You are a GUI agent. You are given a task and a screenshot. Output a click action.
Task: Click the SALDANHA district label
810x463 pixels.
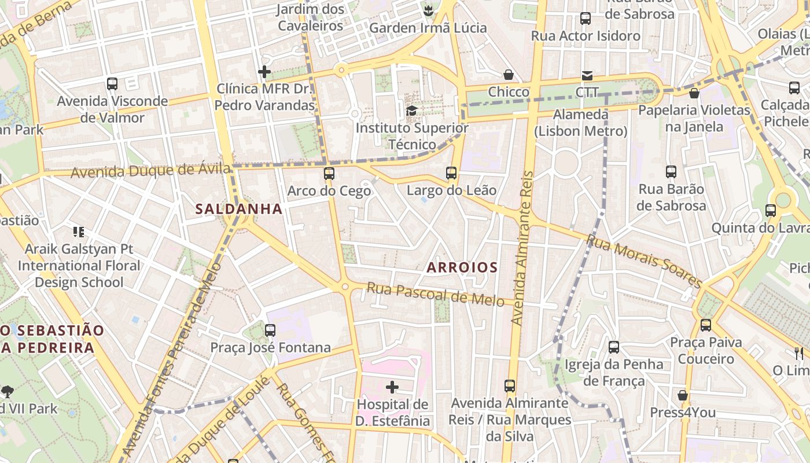point(239,209)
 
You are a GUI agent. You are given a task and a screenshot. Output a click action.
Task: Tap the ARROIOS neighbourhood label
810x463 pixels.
point(462,267)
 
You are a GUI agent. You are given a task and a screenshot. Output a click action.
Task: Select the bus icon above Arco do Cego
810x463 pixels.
point(329,173)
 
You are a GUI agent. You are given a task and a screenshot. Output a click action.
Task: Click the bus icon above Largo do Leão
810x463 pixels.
point(451,172)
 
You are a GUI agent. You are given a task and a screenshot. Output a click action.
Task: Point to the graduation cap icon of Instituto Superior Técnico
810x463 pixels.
point(411,111)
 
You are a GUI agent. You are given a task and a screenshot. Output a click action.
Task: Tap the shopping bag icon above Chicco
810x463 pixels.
point(509,75)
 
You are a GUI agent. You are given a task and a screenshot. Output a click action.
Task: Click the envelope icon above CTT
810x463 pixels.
point(587,76)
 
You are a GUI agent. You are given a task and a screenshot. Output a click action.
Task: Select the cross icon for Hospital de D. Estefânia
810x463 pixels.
point(392,387)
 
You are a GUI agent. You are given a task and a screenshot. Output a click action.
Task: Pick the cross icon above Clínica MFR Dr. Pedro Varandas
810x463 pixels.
point(264,72)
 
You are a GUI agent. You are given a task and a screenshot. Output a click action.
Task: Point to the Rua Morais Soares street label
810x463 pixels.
point(644,260)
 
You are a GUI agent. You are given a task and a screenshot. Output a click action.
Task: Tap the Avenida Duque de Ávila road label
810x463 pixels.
point(150,172)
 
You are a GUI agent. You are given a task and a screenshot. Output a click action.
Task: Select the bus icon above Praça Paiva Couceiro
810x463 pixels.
point(706,325)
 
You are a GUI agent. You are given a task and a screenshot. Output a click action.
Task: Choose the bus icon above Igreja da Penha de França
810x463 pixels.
point(614,347)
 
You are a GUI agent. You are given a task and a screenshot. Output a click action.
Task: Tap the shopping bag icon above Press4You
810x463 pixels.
point(683,396)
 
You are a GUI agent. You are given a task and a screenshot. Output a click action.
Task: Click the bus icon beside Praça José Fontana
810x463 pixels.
point(270,330)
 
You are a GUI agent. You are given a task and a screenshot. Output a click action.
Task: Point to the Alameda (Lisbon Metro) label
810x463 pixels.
point(580,123)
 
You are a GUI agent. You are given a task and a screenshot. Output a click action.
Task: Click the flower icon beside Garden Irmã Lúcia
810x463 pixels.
point(428,10)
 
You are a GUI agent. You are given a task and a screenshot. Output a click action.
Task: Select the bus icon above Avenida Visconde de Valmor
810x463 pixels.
point(112,84)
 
